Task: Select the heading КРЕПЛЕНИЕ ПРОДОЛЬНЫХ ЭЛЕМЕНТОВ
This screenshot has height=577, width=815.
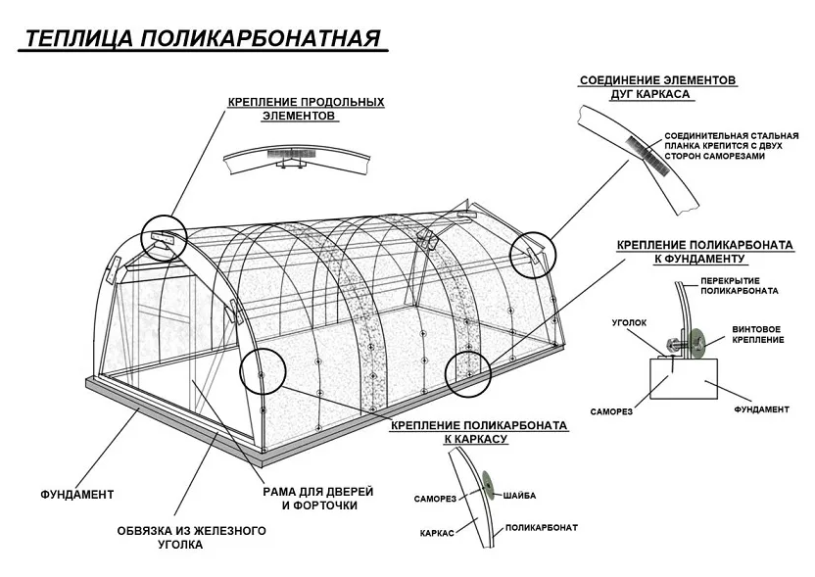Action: (306, 109)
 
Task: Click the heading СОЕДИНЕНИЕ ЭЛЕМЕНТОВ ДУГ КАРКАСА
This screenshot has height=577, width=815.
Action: (657, 87)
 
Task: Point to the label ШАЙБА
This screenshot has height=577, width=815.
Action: (519, 496)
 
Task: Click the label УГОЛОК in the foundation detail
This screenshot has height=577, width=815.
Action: (629, 323)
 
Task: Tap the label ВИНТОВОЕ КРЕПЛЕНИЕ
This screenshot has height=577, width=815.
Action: (758, 334)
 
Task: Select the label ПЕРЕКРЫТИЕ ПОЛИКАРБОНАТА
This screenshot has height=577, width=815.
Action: (740, 286)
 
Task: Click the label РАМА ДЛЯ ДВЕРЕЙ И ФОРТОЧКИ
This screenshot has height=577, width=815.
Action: (318, 498)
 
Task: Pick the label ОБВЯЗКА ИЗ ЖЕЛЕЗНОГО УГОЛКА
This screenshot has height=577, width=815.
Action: (191, 538)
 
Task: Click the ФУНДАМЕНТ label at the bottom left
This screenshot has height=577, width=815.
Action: (77, 494)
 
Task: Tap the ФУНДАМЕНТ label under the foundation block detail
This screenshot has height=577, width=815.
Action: (761, 409)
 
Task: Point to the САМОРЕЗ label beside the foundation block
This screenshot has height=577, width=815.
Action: (611, 411)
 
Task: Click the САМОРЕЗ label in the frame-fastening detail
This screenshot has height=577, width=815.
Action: (435, 499)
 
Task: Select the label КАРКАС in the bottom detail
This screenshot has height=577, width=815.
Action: (437, 533)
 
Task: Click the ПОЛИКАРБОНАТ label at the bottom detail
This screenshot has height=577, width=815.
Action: (541, 528)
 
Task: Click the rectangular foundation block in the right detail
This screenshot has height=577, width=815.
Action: (684, 379)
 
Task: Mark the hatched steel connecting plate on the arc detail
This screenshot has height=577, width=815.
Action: (646, 156)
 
